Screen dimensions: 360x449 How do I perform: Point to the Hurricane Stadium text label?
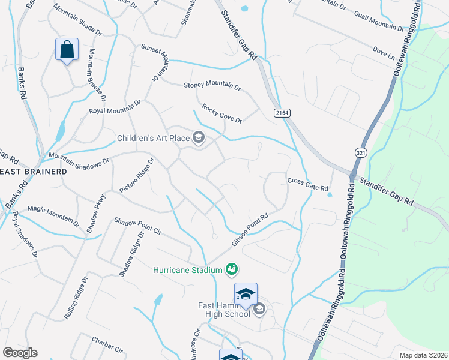(188, 271)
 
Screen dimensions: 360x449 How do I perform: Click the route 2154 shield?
(282, 113)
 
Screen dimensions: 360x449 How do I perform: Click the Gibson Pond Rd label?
(249, 232)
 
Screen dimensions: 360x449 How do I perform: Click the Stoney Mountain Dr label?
(212, 85)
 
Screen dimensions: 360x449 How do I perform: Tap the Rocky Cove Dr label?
(221, 112)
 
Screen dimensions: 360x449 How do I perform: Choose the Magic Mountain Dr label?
(53, 214)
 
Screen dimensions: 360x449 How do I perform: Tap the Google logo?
(20, 353)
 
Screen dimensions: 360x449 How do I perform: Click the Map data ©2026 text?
(423, 355)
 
